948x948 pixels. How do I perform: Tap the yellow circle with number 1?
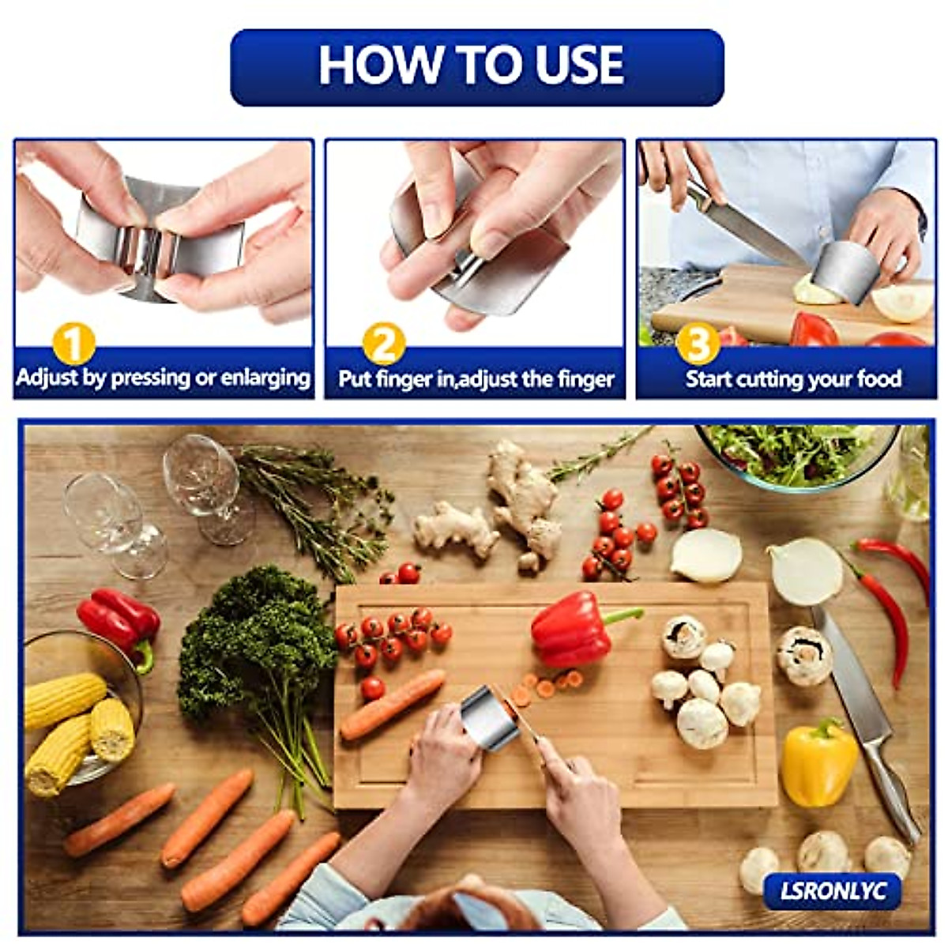click(73, 345)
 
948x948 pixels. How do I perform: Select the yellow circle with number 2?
click(384, 345)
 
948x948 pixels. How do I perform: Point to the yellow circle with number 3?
click(698, 345)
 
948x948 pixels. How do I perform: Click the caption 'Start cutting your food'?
click(792, 379)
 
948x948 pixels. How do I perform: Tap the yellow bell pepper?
click(818, 762)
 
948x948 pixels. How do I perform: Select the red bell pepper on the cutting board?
click(573, 630)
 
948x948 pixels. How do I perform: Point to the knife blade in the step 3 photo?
click(750, 229)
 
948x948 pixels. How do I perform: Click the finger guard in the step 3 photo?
click(848, 273)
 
